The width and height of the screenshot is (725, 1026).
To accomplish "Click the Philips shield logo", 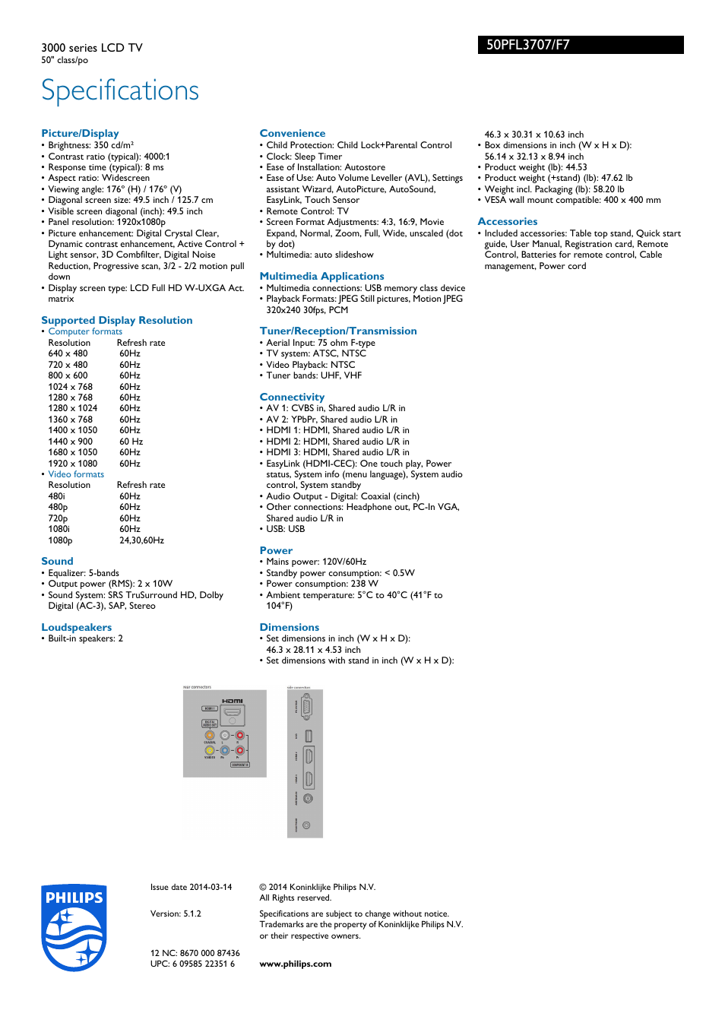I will point(74,927).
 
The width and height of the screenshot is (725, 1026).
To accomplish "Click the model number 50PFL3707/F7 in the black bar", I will point(528,45).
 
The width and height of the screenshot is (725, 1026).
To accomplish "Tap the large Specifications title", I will point(120,90).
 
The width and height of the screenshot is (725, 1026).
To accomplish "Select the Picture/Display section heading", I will point(80,133).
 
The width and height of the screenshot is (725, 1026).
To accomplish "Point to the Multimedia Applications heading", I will point(321,276).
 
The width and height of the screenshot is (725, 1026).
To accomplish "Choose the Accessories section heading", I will point(507,221).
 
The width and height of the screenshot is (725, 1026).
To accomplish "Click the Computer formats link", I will point(85,331).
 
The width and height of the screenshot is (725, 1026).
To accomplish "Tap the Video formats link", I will point(76,474).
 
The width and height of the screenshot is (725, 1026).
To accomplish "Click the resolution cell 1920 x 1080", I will point(73,464).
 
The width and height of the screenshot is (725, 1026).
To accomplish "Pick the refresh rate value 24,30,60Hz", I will point(141,540).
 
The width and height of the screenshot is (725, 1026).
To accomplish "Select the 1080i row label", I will point(59,529).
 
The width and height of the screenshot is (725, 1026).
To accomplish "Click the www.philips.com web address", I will point(295,964).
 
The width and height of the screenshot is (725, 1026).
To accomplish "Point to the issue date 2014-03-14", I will point(191,887).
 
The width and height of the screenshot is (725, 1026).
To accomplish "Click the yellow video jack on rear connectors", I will point(210,750).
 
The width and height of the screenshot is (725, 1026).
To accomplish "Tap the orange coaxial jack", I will point(210,735).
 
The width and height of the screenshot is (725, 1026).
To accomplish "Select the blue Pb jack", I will point(225,750).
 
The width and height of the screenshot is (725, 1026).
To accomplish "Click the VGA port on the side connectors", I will point(306,707).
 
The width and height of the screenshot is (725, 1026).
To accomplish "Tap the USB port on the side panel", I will point(308,736).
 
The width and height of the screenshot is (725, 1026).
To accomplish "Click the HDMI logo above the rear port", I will point(232,701).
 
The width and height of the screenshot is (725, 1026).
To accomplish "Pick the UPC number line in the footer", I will point(192,964).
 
